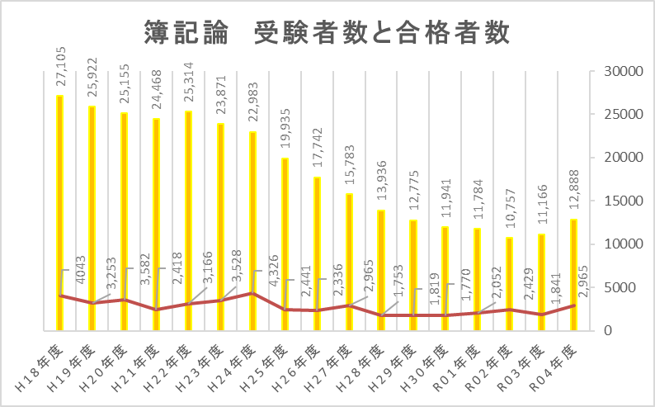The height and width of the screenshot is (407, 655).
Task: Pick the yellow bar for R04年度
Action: tap(573, 272)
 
